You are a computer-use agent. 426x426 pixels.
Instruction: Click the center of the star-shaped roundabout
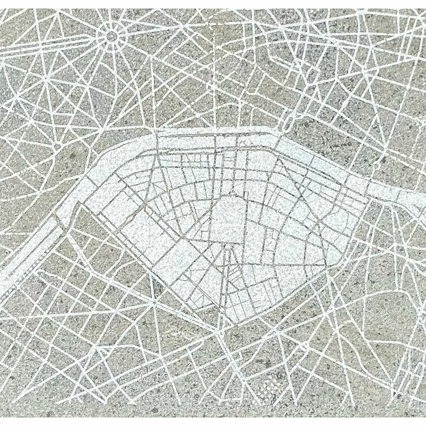111,36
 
